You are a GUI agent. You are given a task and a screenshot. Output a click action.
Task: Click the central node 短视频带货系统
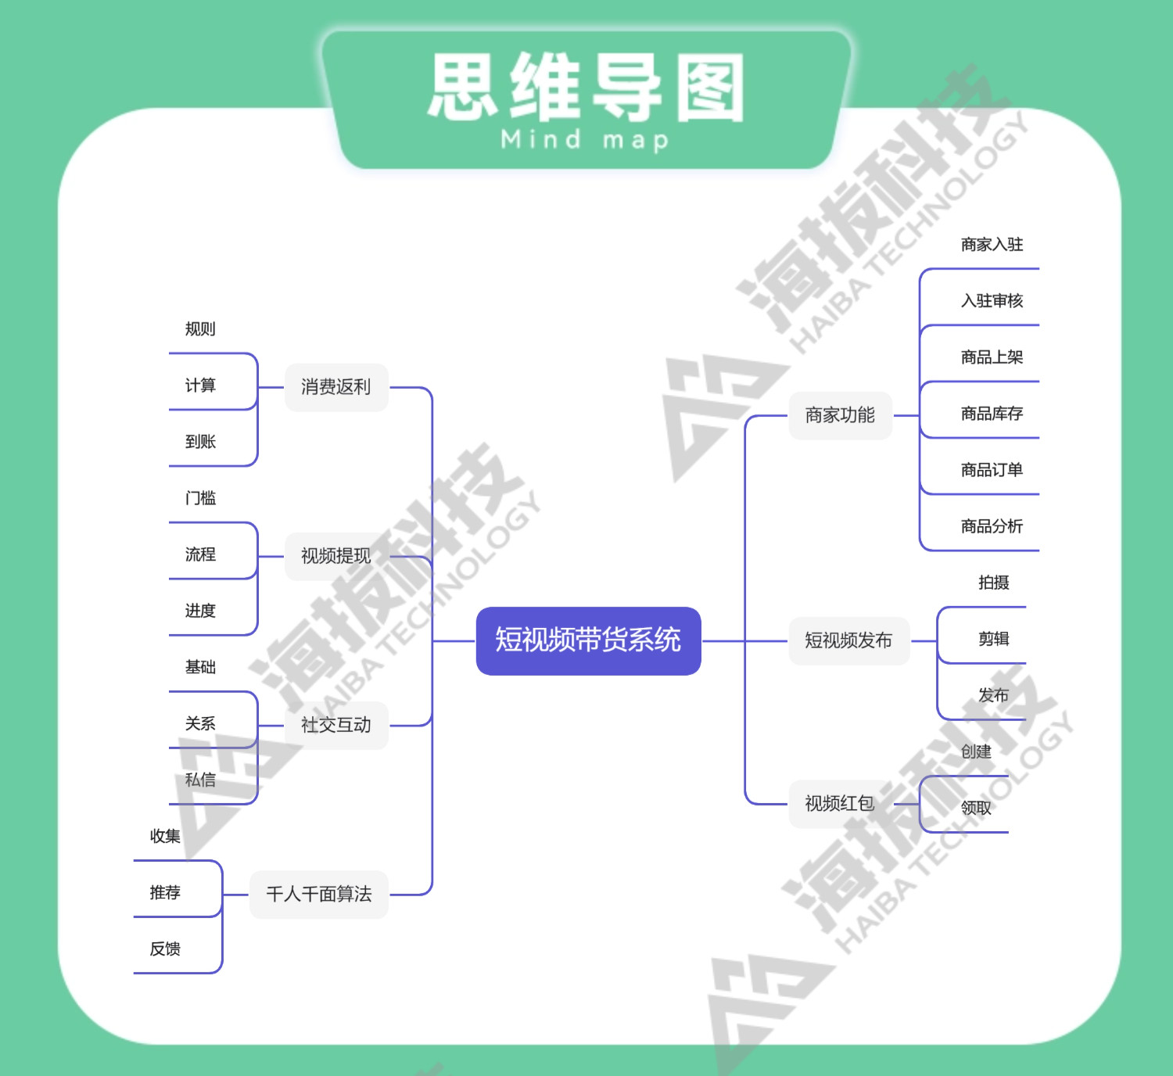pos(588,640)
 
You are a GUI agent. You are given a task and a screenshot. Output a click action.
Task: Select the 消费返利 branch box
pos(336,387)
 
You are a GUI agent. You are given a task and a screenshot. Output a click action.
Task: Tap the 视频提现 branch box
pos(336,556)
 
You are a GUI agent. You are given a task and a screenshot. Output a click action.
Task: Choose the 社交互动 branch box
pos(336,725)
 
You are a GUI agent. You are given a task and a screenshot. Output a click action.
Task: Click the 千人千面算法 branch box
pos(319,894)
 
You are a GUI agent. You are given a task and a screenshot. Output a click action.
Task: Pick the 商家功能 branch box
pos(840,415)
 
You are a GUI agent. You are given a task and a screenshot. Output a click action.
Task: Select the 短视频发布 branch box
pos(848,640)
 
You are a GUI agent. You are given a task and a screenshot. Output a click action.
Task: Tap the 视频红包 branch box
pos(840,803)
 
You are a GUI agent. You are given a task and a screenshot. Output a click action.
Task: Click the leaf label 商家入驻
pos(992,245)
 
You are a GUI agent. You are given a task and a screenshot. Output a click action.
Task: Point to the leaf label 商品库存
pos(992,414)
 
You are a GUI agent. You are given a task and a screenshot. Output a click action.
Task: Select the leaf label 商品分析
pos(992,526)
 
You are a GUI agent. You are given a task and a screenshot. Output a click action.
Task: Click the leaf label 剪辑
pos(993,639)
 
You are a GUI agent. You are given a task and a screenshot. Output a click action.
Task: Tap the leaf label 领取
pos(976,808)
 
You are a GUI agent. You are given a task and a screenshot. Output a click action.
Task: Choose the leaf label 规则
pos(200,329)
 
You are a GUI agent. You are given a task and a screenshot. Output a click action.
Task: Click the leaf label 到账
pos(200,442)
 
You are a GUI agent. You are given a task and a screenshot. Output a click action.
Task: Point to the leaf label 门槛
pos(200,498)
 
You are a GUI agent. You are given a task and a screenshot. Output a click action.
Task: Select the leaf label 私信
pos(200,780)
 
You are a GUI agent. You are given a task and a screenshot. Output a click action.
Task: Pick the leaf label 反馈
pos(165,949)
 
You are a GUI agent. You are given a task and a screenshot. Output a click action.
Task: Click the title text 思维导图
pos(586,88)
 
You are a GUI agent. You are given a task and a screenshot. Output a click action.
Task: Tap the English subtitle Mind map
pos(585,141)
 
